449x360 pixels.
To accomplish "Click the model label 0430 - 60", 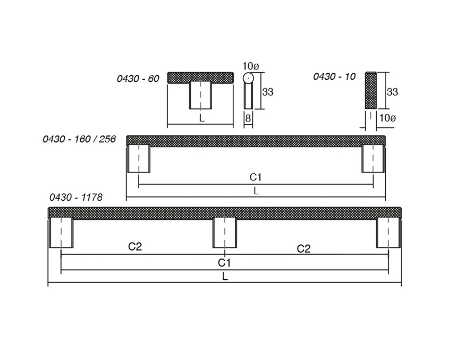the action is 138,79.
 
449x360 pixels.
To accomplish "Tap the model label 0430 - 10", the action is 334,76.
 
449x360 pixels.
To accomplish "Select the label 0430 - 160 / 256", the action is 79,139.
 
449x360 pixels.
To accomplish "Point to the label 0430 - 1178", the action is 76,197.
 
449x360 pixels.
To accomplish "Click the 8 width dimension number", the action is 248,118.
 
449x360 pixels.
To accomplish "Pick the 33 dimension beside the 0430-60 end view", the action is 268,92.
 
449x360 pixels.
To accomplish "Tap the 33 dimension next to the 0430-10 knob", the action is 392,92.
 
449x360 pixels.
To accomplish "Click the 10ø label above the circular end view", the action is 251,66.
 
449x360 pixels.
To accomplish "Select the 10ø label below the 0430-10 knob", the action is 387,118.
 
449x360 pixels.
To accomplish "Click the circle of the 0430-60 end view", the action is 248,78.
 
